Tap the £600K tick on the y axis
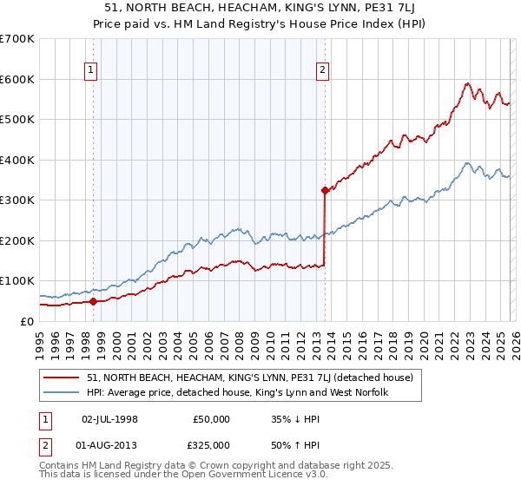coord(17,79)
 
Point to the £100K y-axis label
coord(17,281)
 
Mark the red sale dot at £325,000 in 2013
coord(324,190)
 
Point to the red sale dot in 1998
coord(93,301)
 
